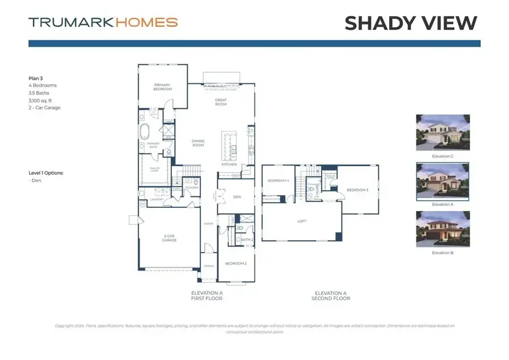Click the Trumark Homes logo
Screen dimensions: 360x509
click(x=103, y=23)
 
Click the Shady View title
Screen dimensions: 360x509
click(x=411, y=23)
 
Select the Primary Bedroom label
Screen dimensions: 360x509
click(x=163, y=87)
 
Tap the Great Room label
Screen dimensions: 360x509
click(x=221, y=102)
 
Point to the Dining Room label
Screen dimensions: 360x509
click(x=198, y=143)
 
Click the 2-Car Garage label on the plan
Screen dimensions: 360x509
click(x=169, y=238)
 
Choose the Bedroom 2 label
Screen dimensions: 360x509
click(x=235, y=264)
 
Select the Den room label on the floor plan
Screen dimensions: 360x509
click(x=238, y=197)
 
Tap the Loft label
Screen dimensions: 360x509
click(x=302, y=221)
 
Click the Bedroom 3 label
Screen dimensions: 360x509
click(x=357, y=190)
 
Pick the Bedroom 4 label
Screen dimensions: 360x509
click(x=278, y=181)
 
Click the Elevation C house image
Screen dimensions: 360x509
click(x=443, y=133)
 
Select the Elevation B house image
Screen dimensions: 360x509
click(x=443, y=229)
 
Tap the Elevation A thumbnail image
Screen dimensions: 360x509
click(x=443, y=181)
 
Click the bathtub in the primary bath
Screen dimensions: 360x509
click(x=145, y=132)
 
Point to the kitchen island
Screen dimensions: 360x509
click(x=230, y=145)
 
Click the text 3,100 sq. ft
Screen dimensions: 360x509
click(x=42, y=100)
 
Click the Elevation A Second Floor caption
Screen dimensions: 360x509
click(x=330, y=295)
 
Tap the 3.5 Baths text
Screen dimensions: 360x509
click(x=39, y=93)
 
